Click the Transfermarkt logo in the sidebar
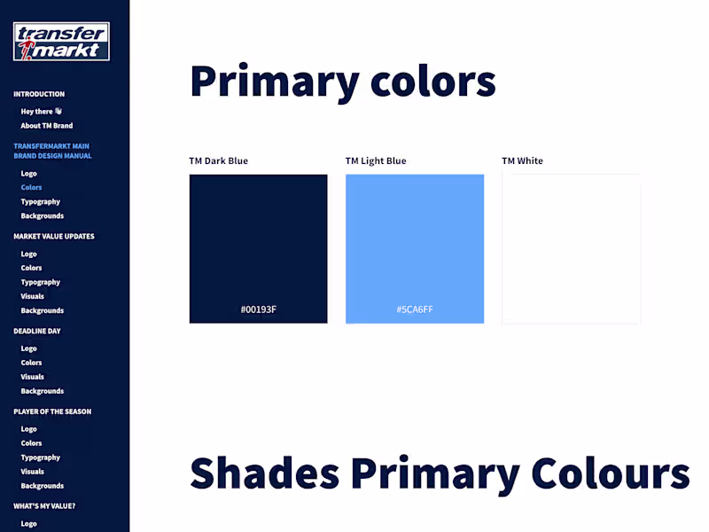point(61,42)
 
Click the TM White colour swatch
point(571,248)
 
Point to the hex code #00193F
point(258,309)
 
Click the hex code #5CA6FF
point(415,309)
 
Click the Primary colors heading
point(342,82)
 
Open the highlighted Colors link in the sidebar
point(31,188)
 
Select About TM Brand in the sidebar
point(47,126)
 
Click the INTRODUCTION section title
point(39,94)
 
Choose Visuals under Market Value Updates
point(32,296)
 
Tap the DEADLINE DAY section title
point(36,331)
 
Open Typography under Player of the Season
point(41,458)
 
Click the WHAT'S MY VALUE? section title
point(44,506)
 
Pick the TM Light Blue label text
point(376,161)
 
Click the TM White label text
point(522,161)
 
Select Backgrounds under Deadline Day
point(43,391)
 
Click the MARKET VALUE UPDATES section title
point(54,237)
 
